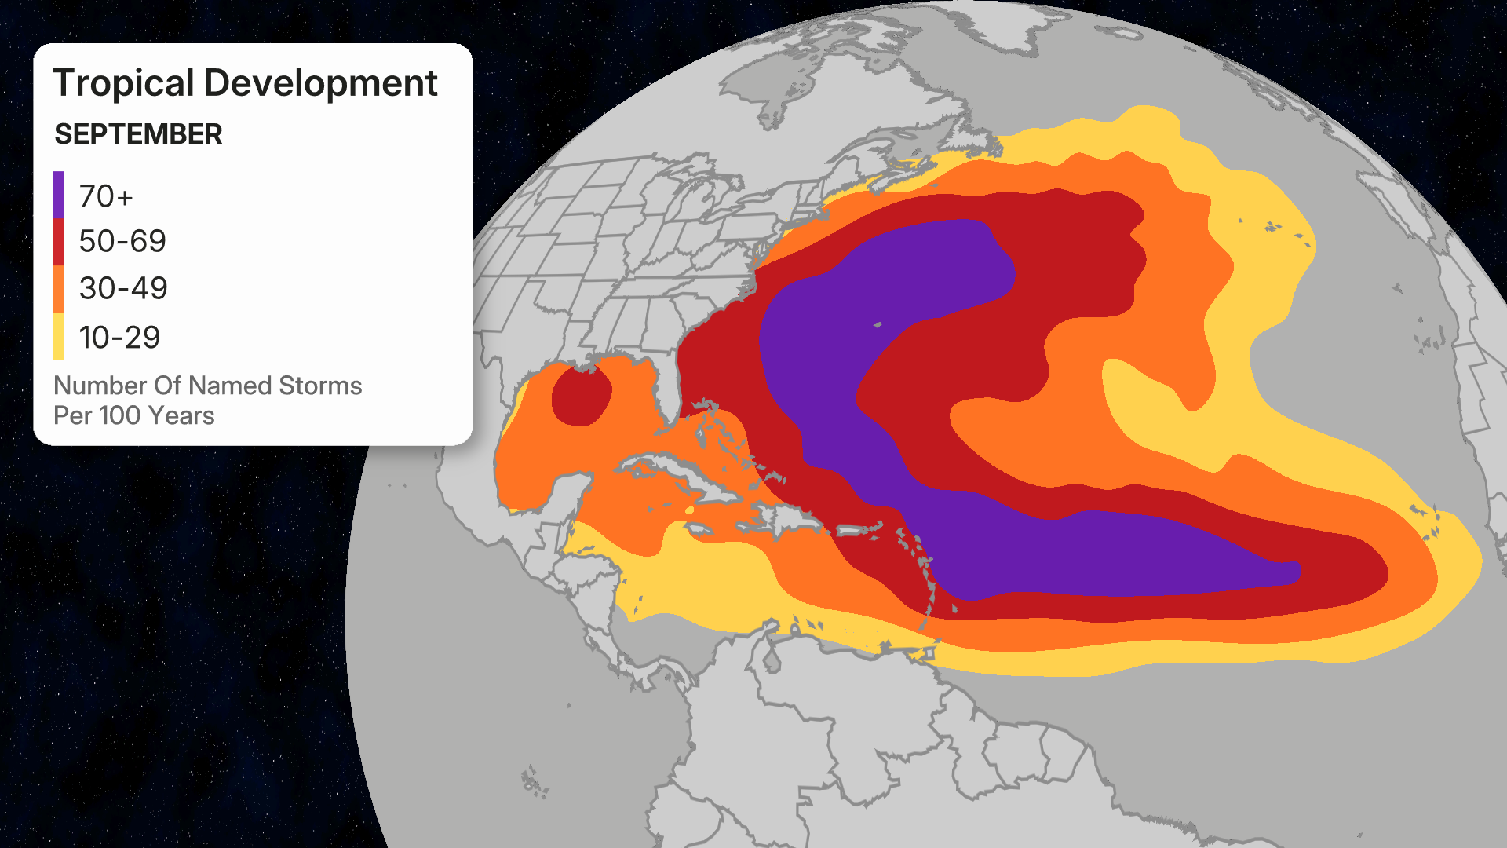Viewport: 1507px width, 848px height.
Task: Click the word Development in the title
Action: [320, 83]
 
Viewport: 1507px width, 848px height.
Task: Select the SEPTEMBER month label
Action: [138, 134]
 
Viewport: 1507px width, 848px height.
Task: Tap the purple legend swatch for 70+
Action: [59, 195]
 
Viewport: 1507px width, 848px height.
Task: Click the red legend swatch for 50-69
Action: [59, 242]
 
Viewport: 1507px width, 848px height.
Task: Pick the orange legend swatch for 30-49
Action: [59, 289]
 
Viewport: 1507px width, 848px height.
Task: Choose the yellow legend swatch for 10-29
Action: [59, 336]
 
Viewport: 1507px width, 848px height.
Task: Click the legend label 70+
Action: [106, 196]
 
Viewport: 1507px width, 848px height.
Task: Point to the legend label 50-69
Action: [122, 242]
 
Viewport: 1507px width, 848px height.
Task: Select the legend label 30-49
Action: [123, 289]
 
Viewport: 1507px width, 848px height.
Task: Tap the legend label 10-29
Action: [119, 338]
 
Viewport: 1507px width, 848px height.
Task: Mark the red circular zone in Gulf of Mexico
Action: [582, 397]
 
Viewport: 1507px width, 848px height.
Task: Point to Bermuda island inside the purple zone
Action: [878, 324]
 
